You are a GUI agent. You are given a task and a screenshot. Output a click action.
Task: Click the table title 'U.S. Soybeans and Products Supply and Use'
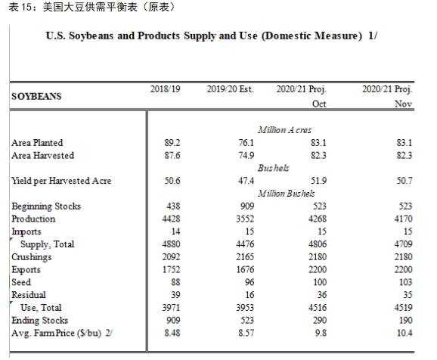point(211,36)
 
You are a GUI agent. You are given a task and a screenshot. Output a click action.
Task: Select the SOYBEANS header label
point(36,97)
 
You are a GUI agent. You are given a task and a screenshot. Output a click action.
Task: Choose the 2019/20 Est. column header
point(230,89)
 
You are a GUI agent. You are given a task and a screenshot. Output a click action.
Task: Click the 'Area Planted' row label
point(37,142)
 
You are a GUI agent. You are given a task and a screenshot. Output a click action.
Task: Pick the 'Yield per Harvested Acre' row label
point(61,181)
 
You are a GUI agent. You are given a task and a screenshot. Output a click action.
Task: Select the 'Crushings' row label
point(31,257)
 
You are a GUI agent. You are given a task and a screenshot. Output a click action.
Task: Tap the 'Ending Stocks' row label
point(40,321)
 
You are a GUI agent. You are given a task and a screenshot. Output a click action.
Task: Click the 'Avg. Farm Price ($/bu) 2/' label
point(60,334)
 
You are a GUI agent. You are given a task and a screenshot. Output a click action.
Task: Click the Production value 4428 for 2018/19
point(174,219)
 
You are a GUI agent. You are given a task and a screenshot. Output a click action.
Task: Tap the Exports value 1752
point(174,270)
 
